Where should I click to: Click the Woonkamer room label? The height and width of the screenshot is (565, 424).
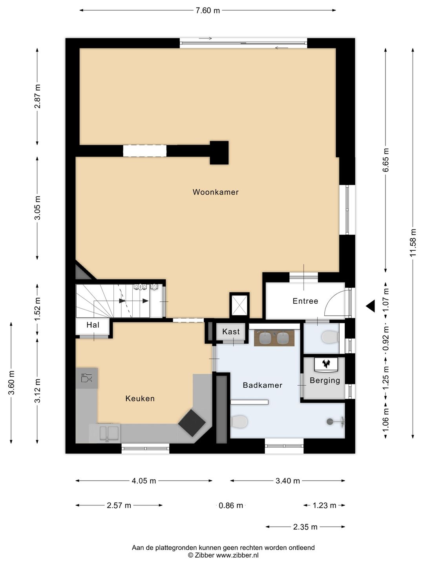pos(216,192)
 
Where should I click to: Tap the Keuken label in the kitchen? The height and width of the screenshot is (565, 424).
pos(140,398)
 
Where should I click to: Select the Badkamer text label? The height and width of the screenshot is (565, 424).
pos(262,385)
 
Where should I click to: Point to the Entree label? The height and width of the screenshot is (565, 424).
pos(305,301)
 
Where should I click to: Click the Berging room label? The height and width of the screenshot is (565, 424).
pos(325,380)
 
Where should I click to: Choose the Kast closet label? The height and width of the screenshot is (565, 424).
pos(231,332)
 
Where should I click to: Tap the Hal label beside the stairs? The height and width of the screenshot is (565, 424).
pos(93,325)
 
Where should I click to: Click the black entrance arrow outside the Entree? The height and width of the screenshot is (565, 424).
pos(370,306)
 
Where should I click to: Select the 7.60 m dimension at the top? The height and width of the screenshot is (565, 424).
pos(208,11)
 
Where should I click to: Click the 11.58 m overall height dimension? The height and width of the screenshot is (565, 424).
pos(413,242)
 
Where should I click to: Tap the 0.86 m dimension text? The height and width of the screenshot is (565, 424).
pos(231,505)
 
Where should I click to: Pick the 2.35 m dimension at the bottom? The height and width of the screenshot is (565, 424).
pos(305,527)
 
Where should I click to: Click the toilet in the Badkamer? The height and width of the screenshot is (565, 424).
pos(239,422)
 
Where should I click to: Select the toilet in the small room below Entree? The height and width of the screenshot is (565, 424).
pos(330,337)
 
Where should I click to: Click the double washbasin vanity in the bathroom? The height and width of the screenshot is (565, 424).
pos(274,338)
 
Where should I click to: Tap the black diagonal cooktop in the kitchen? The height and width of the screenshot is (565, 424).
pos(192,423)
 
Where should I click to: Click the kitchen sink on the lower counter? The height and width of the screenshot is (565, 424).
pos(109,433)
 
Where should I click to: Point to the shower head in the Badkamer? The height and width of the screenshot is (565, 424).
pos(330,421)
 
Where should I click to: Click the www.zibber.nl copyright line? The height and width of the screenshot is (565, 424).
pos(223,555)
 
